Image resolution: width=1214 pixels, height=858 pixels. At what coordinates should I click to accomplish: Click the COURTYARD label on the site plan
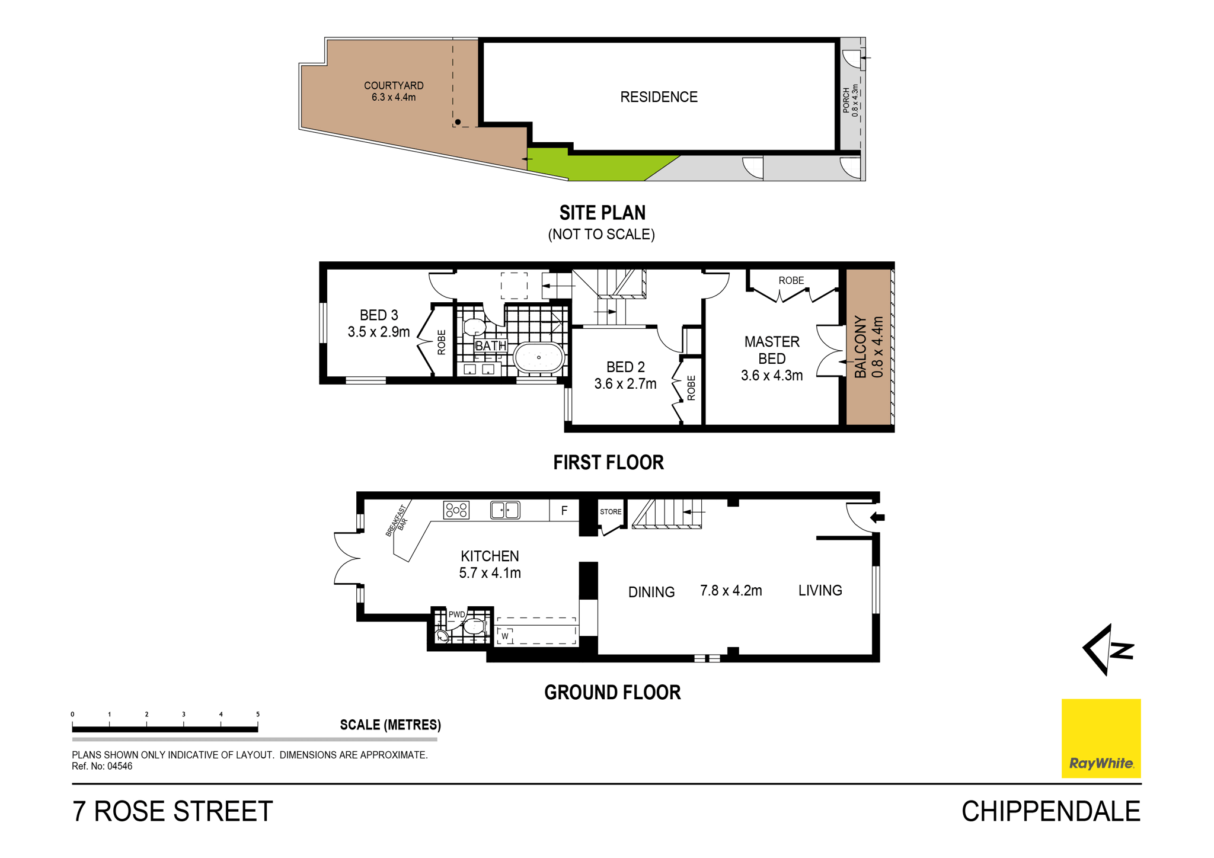coord(394,85)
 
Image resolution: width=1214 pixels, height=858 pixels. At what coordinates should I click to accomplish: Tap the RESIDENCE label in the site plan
coord(659,97)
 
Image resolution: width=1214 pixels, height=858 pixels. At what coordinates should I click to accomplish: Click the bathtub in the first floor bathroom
coord(538,357)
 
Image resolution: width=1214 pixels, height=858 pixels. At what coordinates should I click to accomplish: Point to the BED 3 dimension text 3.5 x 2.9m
coord(379,332)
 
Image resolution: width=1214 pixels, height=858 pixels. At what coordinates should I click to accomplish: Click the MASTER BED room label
coord(772,350)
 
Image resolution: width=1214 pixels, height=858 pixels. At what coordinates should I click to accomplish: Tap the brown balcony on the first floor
coord(868,347)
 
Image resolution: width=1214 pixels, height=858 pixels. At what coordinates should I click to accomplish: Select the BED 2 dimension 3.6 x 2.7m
coord(625,384)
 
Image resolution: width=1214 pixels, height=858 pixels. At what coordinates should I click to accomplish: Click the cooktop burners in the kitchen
coord(456,510)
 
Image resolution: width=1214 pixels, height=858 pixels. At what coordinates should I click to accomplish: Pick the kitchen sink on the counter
coord(505,510)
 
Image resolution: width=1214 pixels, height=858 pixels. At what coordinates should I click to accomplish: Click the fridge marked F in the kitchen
coord(564,510)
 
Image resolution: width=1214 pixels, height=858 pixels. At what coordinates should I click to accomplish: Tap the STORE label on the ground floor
coord(611,512)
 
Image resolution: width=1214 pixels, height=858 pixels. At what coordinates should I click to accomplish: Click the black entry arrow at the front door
coord(877,518)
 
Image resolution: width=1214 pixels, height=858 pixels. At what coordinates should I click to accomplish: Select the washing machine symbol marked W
coord(505,636)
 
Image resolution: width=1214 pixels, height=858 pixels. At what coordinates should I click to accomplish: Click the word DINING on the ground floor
coord(651,592)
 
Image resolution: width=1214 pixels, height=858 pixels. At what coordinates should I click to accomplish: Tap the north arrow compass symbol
coord(1107,649)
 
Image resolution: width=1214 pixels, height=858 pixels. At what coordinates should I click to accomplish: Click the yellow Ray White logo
coord(1101,738)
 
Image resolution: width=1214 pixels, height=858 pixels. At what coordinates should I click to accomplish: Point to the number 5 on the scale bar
coord(258,714)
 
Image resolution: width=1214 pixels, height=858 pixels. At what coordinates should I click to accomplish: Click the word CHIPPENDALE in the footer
coord(1051,811)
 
